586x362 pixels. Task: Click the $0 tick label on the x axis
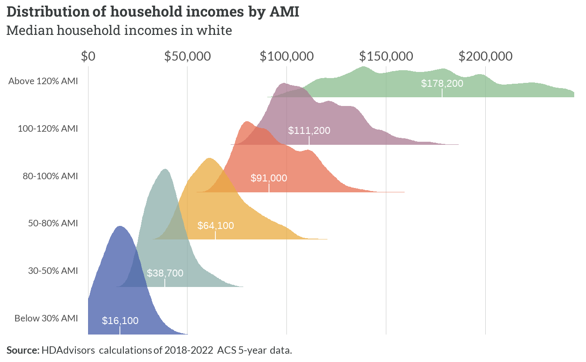(x=88, y=57)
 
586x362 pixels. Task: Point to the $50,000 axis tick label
(x=187, y=57)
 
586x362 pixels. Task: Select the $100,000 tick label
(x=287, y=57)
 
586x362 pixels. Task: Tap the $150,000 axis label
(x=386, y=57)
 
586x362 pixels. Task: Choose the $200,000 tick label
(x=486, y=57)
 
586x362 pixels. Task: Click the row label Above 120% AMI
(x=43, y=81)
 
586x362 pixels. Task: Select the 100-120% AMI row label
(x=48, y=129)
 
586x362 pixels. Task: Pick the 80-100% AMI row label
(x=50, y=176)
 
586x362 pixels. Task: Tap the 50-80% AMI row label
(x=53, y=223)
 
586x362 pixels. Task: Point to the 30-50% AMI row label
(x=53, y=271)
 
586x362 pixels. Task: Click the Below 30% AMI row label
(x=46, y=318)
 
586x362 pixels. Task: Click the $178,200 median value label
(x=442, y=83)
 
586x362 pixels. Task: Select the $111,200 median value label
(x=309, y=130)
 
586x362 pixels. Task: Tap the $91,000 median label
(x=269, y=178)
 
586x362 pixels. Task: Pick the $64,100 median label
(x=215, y=225)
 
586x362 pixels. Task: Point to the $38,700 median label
(x=165, y=273)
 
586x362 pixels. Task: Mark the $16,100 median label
(x=120, y=321)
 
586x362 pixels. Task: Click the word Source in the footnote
(x=23, y=350)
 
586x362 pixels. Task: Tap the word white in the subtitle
(x=214, y=30)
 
